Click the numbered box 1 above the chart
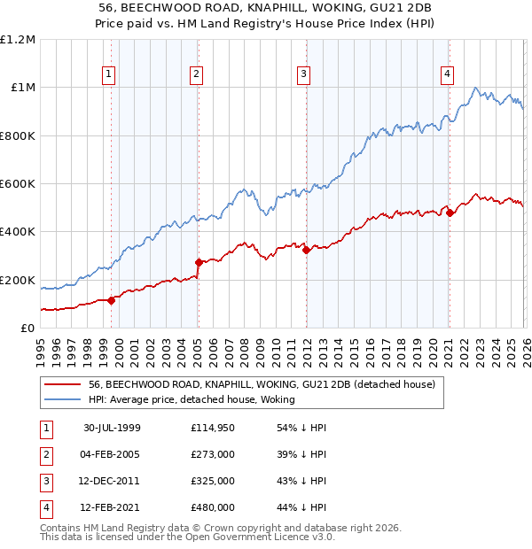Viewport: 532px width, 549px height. (108, 74)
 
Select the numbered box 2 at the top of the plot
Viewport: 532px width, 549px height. (195, 74)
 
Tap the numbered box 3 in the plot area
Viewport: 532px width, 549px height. (303, 74)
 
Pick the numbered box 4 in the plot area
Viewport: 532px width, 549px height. (448, 74)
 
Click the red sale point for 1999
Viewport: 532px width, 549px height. (112, 300)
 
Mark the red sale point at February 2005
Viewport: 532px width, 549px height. (199, 262)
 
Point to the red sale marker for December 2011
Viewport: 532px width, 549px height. (306, 250)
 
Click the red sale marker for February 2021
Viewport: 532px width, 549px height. (450, 213)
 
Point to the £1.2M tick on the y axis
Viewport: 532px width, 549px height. (18, 40)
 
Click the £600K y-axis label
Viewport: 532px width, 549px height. (18, 184)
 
